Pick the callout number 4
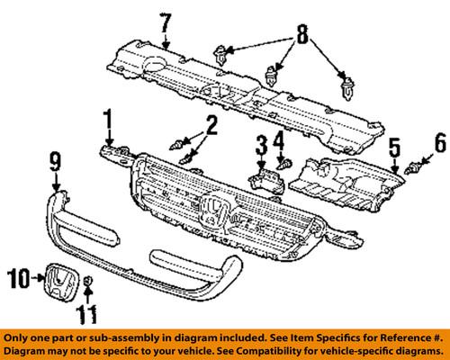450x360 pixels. (x=279, y=141)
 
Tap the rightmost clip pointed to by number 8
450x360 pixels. (x=347, y=89)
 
